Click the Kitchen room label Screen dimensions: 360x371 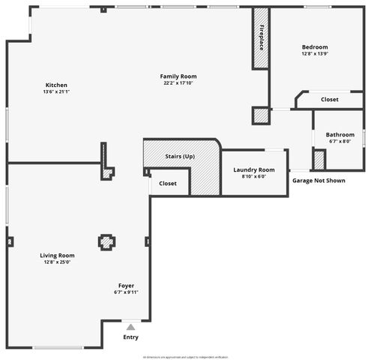click(56, 85)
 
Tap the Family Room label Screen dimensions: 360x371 click(178, 76)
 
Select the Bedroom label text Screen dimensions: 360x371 click(315, 46)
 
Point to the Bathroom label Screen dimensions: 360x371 click(340, 135)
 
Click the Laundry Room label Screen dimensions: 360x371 click(253, 169)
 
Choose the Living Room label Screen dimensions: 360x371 click(57, 255)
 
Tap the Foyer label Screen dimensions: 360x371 click(126, 285)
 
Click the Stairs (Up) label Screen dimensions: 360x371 click(180, 156)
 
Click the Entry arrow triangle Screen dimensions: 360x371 click(130, 327)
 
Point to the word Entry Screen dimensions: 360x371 click(130, 337)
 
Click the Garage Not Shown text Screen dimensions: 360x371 click(319, 181)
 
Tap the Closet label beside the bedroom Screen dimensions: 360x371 click(329, 100)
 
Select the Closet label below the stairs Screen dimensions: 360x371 click(168, 183)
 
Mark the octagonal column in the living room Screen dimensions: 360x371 click(106, 241)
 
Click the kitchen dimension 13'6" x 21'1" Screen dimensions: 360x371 click(56, 91)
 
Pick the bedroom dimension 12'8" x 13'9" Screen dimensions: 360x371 click(315, 53)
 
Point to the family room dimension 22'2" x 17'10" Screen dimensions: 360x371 click(178, 83)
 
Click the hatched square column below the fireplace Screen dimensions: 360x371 click(260, 115)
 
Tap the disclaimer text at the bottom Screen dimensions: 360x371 click(185, 357)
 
